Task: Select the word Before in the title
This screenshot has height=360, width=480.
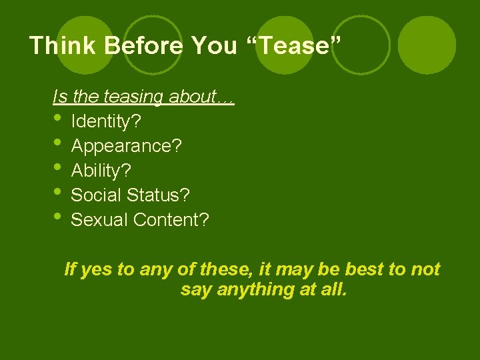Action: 137,45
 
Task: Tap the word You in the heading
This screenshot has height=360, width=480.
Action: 213,45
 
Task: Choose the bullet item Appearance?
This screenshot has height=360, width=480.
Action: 126,147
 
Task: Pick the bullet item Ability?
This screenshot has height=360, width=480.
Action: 101,171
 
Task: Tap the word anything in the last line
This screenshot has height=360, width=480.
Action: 249,290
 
